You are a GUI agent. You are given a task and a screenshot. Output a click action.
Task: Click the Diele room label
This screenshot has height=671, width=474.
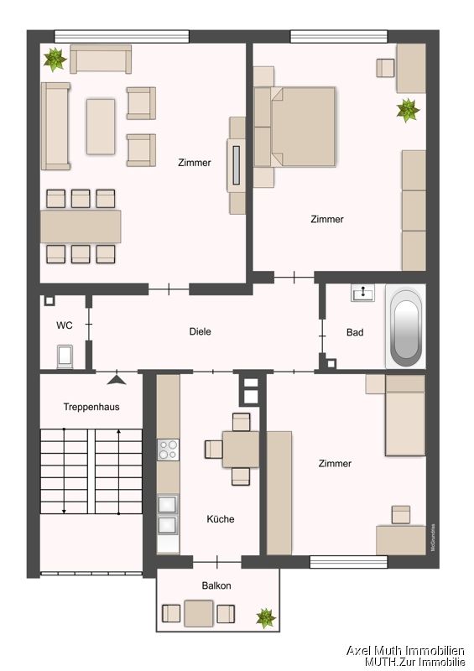(200, 331)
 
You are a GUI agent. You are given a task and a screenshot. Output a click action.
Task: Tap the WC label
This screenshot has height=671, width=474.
(64, 325)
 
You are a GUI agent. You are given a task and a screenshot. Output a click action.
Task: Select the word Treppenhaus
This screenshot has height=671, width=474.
(91, 407)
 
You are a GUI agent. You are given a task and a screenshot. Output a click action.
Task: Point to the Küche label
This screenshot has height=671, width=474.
(221, 519)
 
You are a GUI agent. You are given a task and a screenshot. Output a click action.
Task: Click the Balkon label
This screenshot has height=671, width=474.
(216, 585)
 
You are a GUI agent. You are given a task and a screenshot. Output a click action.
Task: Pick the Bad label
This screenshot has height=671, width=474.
(355, 332)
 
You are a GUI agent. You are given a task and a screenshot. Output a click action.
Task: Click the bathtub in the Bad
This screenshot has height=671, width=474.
(406, 328)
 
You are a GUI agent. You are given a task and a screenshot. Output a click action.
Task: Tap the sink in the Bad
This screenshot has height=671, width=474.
(364, 293)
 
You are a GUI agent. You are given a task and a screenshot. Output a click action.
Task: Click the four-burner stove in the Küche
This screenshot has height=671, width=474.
(168, 450)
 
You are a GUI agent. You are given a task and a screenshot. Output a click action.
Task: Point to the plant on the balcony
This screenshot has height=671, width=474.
(266, 618)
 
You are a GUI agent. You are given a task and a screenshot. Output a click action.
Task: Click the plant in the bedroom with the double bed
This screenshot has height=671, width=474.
(408, 109)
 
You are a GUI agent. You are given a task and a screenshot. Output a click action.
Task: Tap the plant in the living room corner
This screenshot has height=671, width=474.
(55, 58)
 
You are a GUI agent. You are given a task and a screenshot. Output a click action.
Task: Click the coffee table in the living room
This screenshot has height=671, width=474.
(101, 126)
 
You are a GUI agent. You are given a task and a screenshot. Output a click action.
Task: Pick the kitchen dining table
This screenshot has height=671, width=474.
(241, 449)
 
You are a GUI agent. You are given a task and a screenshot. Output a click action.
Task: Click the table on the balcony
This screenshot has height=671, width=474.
(199, 613)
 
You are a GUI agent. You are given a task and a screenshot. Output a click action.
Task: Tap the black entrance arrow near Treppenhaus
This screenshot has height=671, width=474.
(116, 379)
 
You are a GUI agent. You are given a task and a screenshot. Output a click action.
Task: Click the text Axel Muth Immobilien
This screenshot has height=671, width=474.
(406, 650)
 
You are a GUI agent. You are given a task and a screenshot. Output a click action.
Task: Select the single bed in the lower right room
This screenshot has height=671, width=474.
(405, 415)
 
